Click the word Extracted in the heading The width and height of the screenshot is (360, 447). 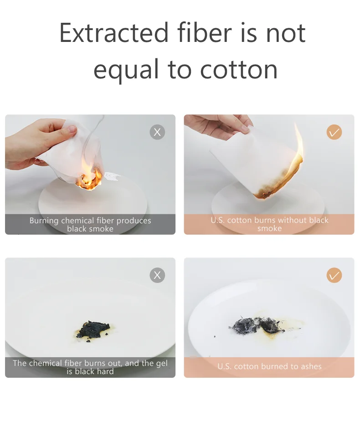(114, 33)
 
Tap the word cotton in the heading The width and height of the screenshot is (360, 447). (239, 70)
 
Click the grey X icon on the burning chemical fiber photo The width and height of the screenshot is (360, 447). (157, 132)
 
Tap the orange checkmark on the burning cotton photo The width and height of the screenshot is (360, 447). (334, 132)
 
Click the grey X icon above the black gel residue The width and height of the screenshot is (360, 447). (157, 275)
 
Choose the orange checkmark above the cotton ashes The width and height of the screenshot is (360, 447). (334, 275)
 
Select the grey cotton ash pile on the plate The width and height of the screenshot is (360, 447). (256, 325)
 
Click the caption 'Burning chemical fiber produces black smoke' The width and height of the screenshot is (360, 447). (90, 225)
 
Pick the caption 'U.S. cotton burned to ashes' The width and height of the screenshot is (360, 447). (269, 366)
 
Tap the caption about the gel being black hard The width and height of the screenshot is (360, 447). (90, 367)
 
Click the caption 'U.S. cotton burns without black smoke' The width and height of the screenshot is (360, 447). (269, 224)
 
